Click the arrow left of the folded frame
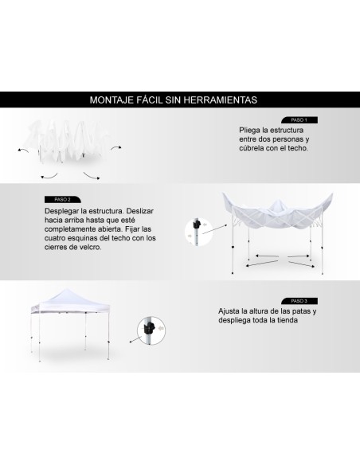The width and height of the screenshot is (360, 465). (22, 148)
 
